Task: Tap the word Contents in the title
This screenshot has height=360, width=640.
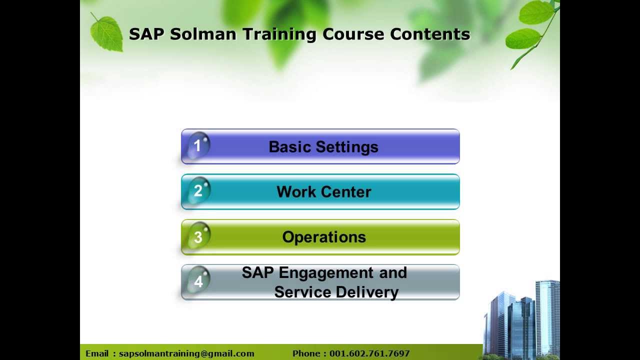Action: pyautogui.click(x=430, y=34)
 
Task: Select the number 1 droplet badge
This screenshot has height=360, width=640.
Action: pyautogui.click(x=198, y=145)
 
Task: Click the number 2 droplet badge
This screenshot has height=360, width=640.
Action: pyautogui.click(x=198, y=191)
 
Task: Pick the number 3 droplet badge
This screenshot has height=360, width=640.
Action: pyautogui.click(x=198, y=236)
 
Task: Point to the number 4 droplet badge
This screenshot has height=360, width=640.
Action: pyautogui.click(x=198, y=281)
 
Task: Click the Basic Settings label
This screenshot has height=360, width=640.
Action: pyautogui.click(x=323, y=147)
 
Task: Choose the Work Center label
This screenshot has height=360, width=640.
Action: pyautogui.click(x=323, y=192)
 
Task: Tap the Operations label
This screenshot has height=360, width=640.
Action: pyautogui.click(x=323, y=237)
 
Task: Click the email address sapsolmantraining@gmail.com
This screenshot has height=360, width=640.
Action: pyautogui.click(x=186, y=353)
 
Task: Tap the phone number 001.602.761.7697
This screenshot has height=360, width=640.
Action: pyautogui.click(x=369, y=353)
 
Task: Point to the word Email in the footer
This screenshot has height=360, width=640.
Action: pyautogui.click(x=97, y=353)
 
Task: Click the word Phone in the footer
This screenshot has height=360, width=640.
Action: pyautogui.click(x=307, y=353)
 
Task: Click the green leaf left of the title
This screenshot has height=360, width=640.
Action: pyautogui.click(x=107, y=33)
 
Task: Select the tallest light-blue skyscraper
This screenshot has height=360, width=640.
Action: pyautogui.click(x=547, y=315)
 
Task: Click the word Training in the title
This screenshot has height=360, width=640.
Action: pyautogui.click(x=279, y=34)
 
